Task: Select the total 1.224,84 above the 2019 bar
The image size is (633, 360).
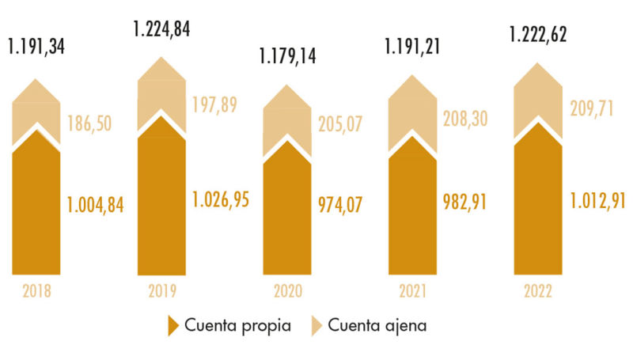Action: (161, 30)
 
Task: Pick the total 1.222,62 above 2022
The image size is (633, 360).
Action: (538, 36)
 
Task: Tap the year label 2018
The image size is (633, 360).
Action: (36, 291)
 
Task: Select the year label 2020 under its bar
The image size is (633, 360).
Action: (287, 291)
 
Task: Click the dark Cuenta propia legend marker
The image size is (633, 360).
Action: (173, 326)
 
